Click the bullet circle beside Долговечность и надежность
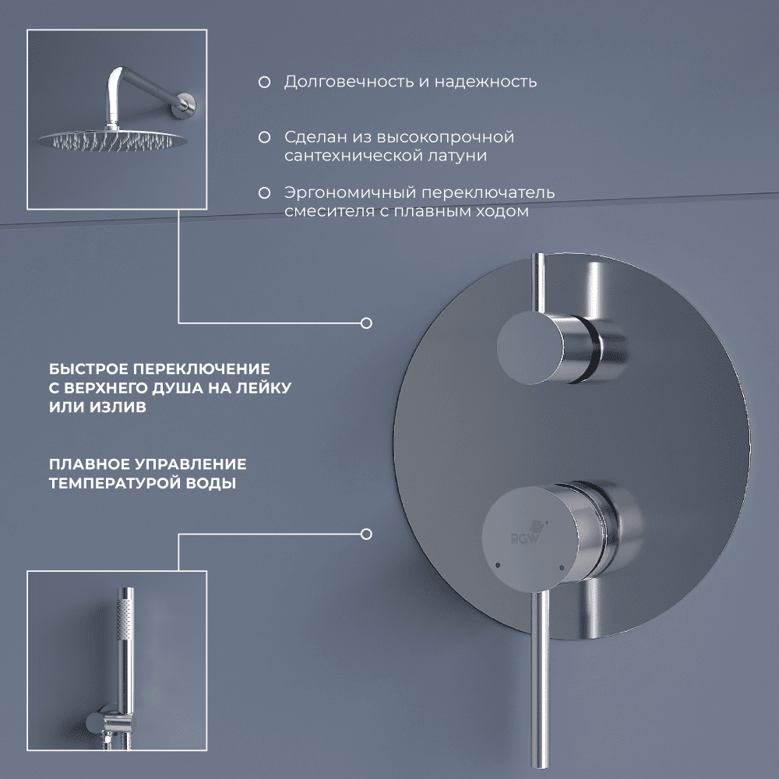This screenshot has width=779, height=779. coord(265,82)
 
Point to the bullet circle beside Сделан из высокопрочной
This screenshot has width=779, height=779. coord(265,138)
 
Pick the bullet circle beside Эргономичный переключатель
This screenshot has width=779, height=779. coord(265,192)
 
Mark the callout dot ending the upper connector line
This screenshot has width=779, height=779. coord(366,323)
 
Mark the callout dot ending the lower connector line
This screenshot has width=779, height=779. coord(366,534)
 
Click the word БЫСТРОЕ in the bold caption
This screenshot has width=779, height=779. coord(86,368)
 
